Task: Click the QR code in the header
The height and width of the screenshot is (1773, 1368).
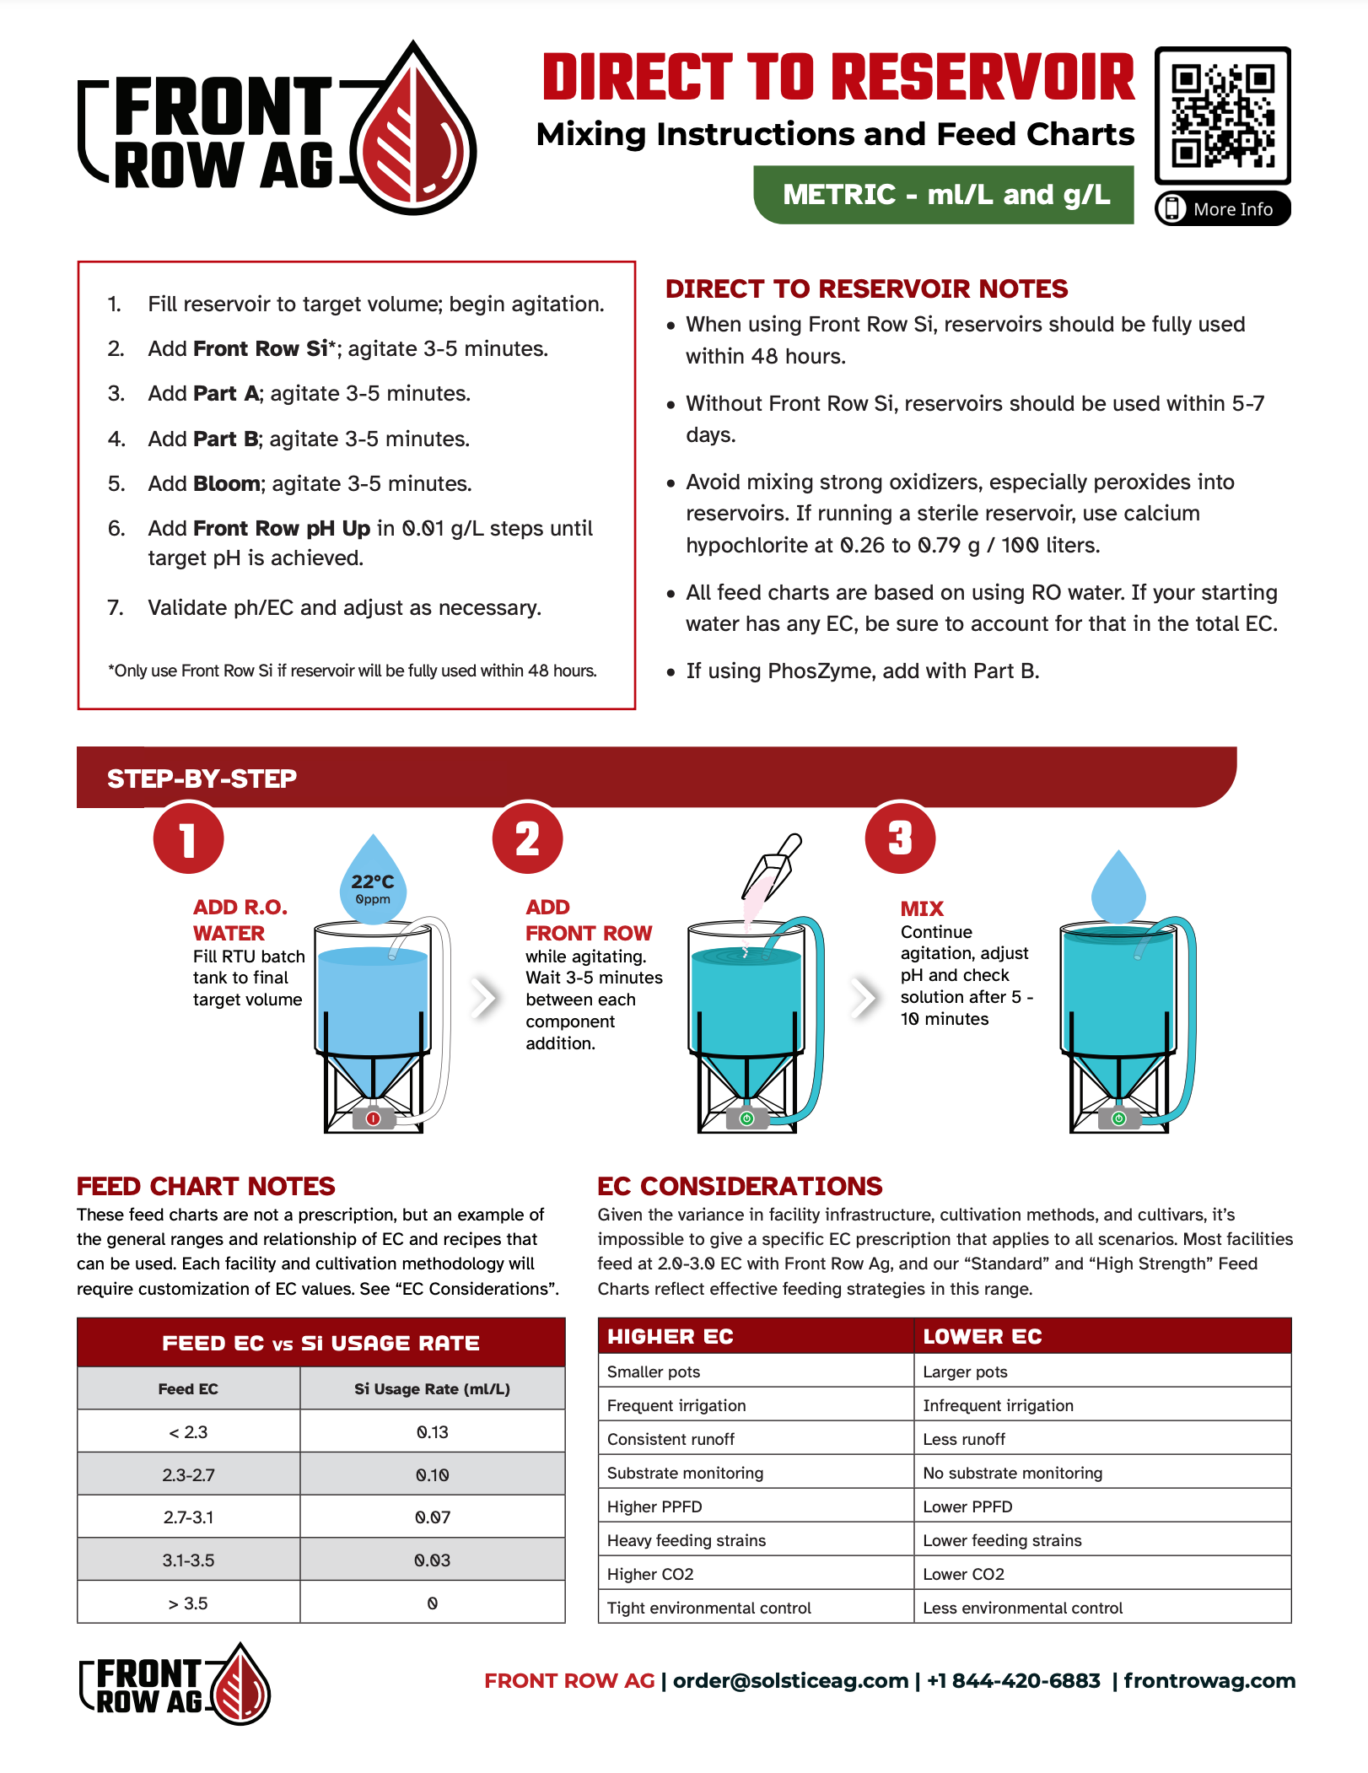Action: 1222,116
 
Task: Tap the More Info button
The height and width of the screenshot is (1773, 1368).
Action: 1222,209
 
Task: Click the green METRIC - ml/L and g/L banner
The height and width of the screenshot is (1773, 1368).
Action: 944,195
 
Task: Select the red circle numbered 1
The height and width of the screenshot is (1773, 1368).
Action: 188,839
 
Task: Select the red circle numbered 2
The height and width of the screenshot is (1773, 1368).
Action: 528,839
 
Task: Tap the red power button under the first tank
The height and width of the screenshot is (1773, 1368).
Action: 374,1118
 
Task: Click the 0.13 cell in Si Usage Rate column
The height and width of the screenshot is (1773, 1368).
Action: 433,1432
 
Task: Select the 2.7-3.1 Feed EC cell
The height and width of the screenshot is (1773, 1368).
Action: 188,1517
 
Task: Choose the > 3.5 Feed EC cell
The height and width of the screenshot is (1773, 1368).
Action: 188,1603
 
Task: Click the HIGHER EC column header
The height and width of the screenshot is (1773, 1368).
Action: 671,1337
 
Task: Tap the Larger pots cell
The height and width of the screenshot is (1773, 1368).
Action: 965,1372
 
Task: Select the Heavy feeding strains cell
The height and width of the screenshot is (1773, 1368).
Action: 687,1541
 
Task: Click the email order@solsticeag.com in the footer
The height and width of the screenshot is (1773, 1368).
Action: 790,1681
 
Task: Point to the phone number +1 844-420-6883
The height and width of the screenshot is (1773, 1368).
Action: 1014,1681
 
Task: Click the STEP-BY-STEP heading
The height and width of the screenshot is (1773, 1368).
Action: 202,779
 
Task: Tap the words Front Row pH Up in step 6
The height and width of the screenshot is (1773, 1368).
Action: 282,529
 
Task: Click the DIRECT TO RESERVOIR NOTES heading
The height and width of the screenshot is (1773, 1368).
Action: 866,289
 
